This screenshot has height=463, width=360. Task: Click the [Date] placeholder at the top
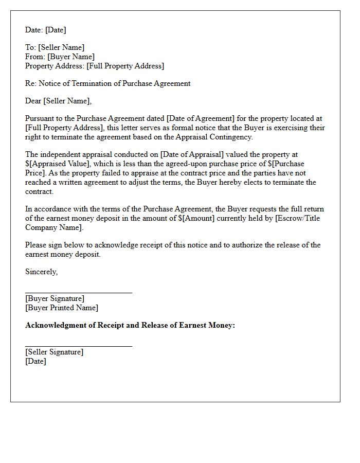click(x=55, y=30)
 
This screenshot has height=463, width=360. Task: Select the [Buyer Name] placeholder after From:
click(x=71, y=57)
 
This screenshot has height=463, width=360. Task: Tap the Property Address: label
click(x=55, y=66)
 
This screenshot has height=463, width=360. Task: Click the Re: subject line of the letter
click(x=108, y=83)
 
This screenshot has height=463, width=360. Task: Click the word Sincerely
click(x=41, y=272)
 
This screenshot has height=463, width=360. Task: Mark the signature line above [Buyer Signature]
click(x=79, y=292)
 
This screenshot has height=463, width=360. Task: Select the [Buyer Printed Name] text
click(x=62, y=308)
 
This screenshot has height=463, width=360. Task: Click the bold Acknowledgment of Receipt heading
click(x=130, y=325)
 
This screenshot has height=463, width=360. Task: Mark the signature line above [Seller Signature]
click(x=79, y=346)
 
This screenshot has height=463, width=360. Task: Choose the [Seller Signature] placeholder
click(x=54, y=352)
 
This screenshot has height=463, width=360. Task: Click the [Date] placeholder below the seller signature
click(x=35, y=361)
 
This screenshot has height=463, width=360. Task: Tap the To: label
click(x=30, y=47)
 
